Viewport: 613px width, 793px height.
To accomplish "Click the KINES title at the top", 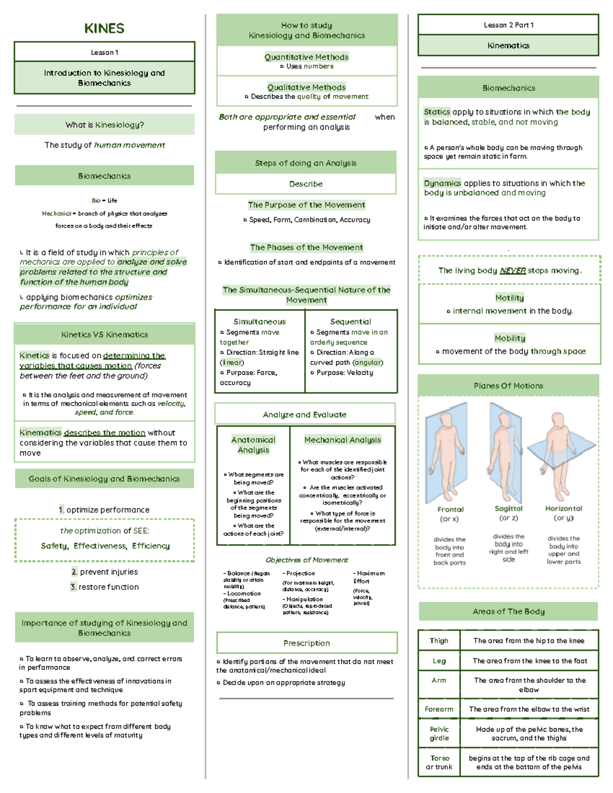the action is [x=104, y=28].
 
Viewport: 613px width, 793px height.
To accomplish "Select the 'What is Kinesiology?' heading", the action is [x=104, y=125].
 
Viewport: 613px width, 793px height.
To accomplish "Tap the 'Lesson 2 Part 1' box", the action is [x=508, y=25].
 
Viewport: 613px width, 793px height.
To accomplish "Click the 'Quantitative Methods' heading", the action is [x=306, y=57].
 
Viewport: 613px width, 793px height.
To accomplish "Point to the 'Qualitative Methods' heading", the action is [x=306, y=87].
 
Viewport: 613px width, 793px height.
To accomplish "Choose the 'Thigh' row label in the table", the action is [x=439, y=640].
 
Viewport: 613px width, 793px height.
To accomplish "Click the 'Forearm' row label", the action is [x=439, y=709].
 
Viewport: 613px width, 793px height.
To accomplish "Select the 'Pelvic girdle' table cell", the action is [x=439, y=733].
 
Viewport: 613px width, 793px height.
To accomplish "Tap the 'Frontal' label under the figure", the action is [x=450, y=509].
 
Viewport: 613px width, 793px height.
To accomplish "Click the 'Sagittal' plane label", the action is [x=508, y=508].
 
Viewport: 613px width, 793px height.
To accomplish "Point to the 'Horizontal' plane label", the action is [x=563, y=508].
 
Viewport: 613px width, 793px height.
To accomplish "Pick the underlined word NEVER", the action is [x=512, y=271].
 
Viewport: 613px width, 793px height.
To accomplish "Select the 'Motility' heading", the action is [x=509, y=298].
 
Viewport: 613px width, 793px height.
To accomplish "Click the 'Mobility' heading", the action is [x=509, y=338].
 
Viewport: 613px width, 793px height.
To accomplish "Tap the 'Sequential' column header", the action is [x=350, y=322].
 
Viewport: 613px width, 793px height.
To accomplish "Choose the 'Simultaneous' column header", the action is [x=260, y=322].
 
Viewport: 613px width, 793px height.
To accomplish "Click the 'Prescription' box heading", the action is [x=306, y=643].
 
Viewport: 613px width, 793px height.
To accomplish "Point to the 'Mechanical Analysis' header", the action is [x=342, y=440].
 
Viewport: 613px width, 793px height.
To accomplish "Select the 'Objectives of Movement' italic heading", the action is [x=306, y=560].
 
